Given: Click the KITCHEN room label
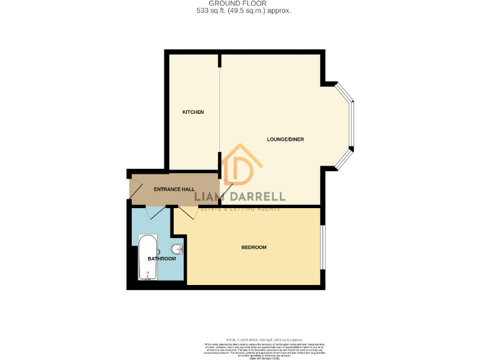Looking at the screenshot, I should coord(192,112).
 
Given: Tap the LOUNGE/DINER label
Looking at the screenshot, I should coord(285,139).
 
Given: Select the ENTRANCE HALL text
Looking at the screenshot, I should coord(174,189).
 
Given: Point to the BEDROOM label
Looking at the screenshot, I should coord(254,247).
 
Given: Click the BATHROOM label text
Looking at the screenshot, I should coord(161,258).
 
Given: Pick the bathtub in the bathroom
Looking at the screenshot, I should coord(148,257).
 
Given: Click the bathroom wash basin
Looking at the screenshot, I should coord(179,250).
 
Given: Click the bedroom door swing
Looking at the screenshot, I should coord(187,212).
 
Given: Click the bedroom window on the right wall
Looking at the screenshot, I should coord(322,247).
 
